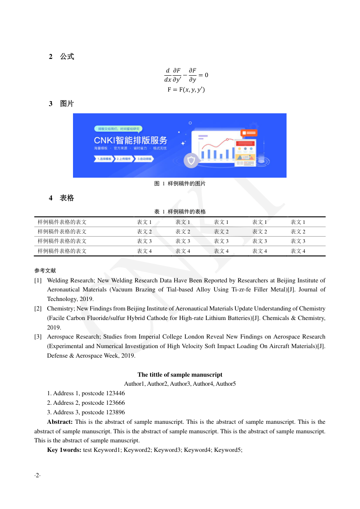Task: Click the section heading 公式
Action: tap(67, 57)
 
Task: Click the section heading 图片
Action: tap(67, 104)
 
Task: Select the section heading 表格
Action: tap(67, 198)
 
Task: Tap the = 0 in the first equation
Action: tap(204, 75)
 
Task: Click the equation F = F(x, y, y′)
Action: tap(186, 90)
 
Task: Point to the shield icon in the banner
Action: tap(191, 160)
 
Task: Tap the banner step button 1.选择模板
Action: tap(104, 159)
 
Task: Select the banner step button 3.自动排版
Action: tap(145, 159)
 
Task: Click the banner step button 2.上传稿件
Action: tap(124, 159)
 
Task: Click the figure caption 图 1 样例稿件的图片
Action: tap(180, 184)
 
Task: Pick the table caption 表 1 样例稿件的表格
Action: tap(180, 212)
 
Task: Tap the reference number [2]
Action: tap(38, 309)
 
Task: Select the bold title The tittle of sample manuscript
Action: tap(180, 375)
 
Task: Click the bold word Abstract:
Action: tap(60, 422)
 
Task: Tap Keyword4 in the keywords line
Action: tap(197, 450)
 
